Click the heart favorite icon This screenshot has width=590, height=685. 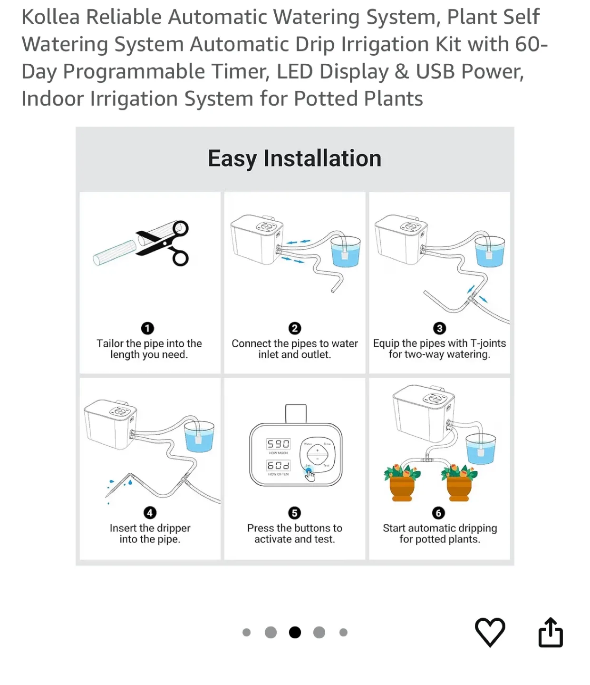pos(490,632)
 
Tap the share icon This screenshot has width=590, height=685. pos(551,632)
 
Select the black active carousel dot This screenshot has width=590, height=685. pos(295,632)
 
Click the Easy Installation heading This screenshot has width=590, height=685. pos(294,158)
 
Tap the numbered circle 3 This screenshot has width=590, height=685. pos(439,328)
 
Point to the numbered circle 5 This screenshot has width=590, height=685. pos(294,513)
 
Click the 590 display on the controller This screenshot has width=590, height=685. pos(278,444)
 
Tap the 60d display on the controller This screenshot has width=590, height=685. pos(278,465)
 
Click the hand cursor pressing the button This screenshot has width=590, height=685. pos(310,475)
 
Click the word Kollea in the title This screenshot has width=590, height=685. pos(51,17)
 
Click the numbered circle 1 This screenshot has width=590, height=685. pos(147,328)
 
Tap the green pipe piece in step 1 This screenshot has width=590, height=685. pos(115,253)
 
